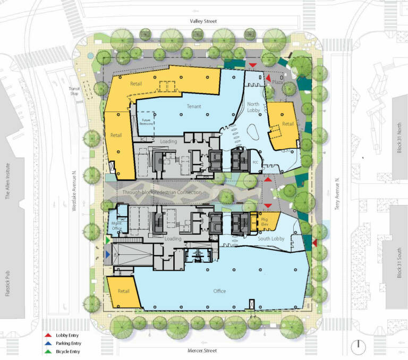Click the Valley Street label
point(205,21)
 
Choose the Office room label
point(219,291)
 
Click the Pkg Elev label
point(263,221)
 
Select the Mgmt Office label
point(117,227)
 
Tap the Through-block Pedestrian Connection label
point(162,192)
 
